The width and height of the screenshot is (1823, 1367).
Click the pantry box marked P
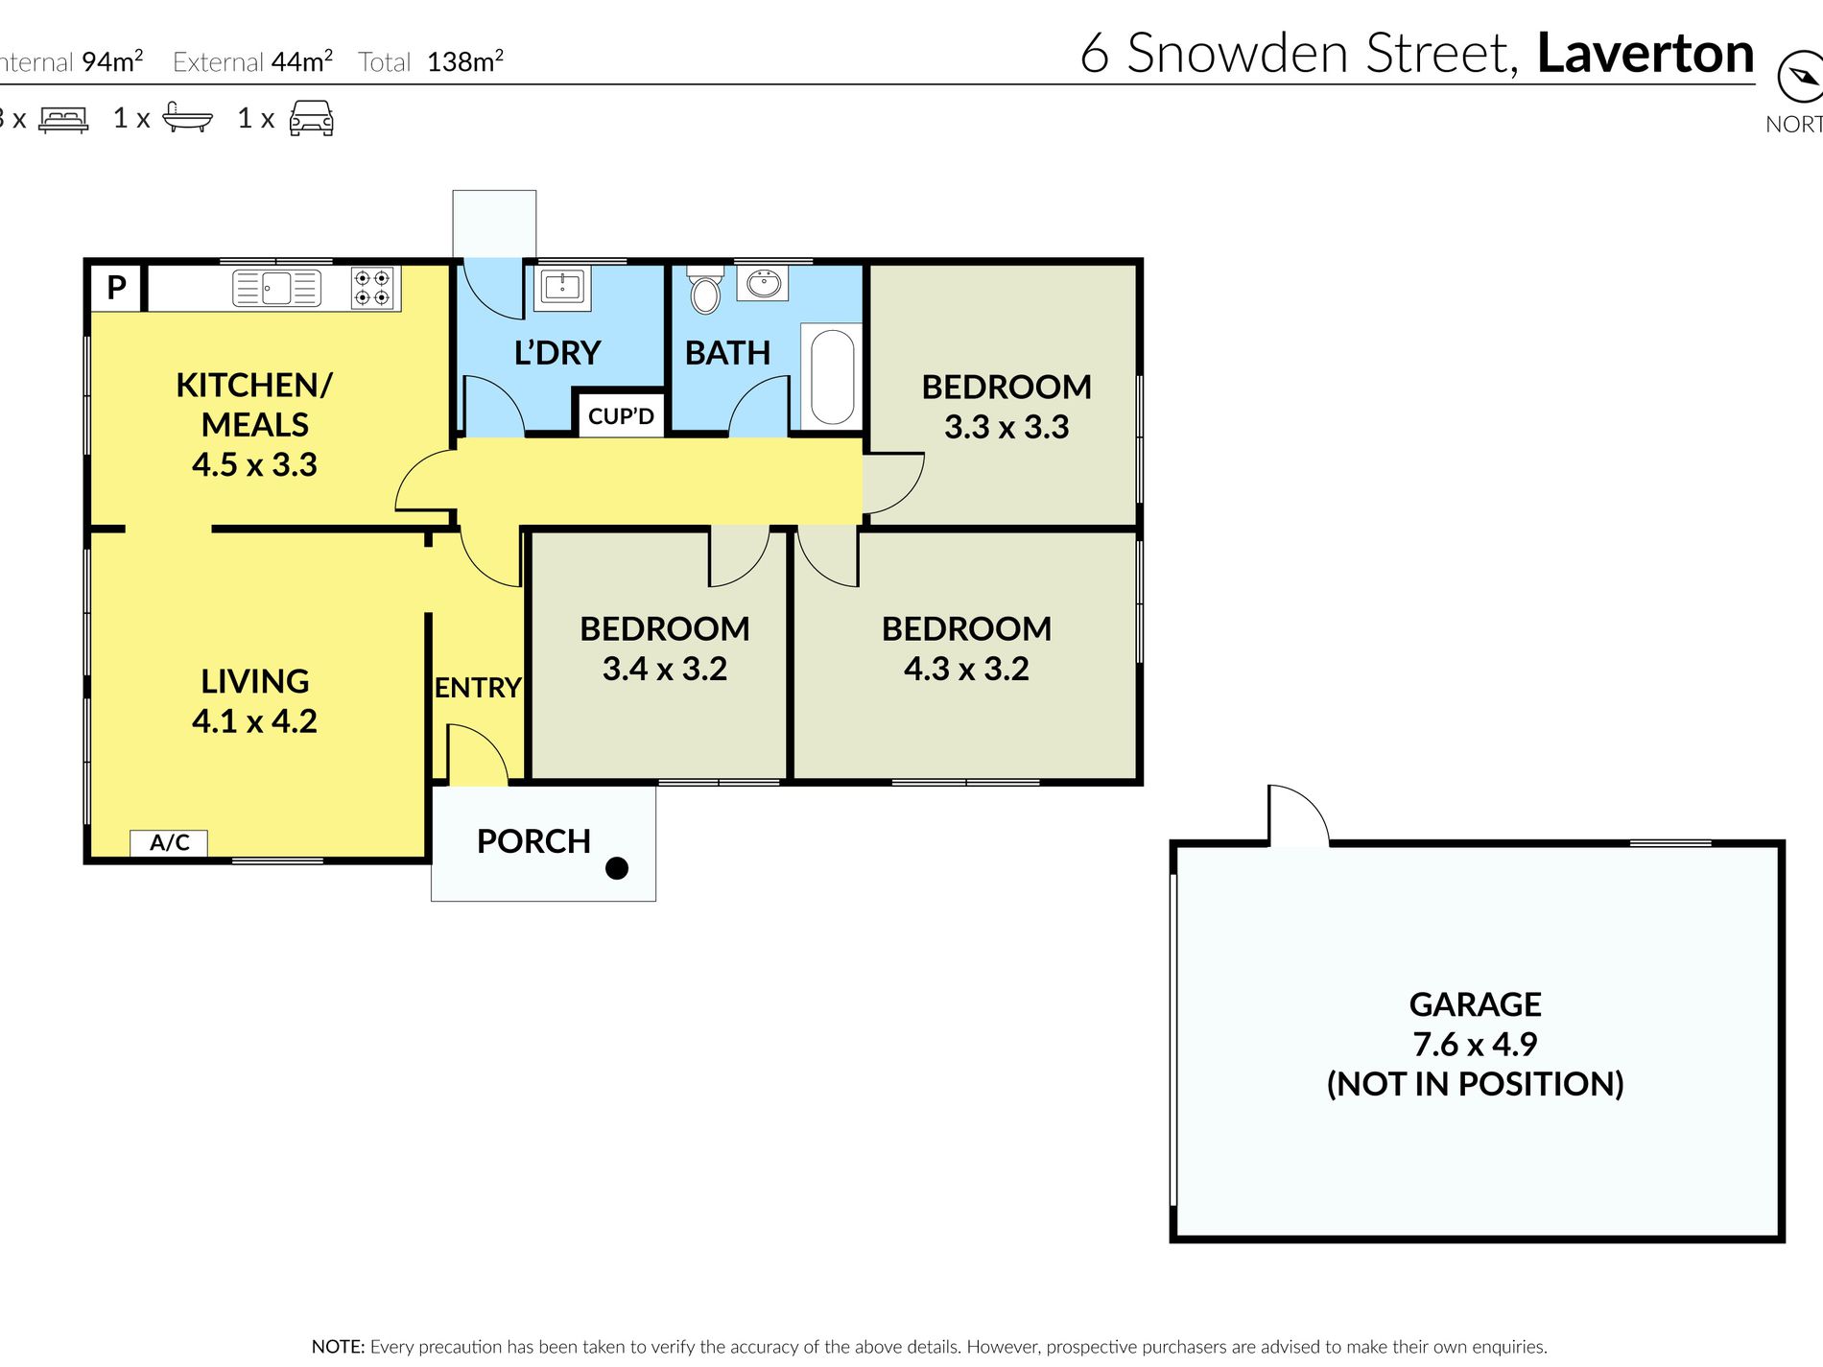pos(116,287)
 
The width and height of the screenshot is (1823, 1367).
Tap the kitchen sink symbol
pos(276,288)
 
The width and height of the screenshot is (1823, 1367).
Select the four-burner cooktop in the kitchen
pos(372,288)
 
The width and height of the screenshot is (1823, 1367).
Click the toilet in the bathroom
pos(705,291)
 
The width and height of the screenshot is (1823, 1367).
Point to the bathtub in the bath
pos(833,377)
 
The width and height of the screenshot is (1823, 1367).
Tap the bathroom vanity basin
pos(765,284)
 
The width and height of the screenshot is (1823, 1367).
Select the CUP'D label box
pos(621,416)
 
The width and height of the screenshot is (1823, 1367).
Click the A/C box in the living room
pos(169,842)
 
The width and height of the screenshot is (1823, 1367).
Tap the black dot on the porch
pos(617,868)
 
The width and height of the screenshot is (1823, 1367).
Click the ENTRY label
pos(478,688)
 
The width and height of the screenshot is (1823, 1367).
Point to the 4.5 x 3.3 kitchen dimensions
pos(254,465)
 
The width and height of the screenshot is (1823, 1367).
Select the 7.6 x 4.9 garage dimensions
pos(1475,1044)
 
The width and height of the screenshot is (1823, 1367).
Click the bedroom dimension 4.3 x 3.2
pos(966,669)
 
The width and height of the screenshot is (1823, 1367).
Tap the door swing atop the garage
pos(1298,816)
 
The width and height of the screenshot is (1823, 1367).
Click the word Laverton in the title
pos(1645,54)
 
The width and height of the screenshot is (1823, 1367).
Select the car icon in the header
pos(311,118)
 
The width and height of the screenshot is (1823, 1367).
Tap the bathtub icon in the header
pos(187,118)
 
